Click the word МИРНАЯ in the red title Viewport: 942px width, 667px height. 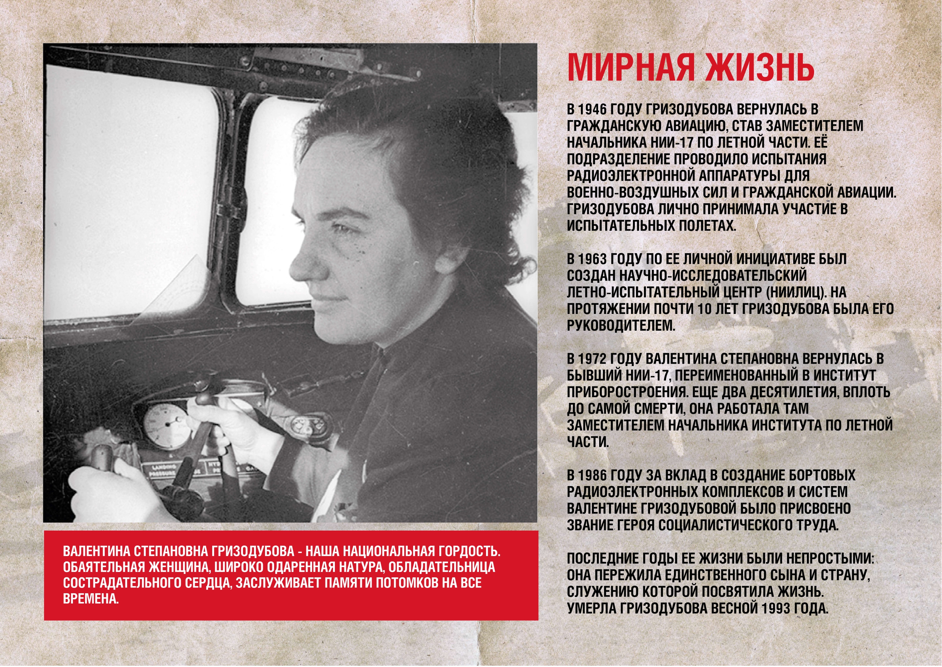click(630, 68)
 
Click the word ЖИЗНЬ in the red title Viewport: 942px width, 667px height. click(759, 68)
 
